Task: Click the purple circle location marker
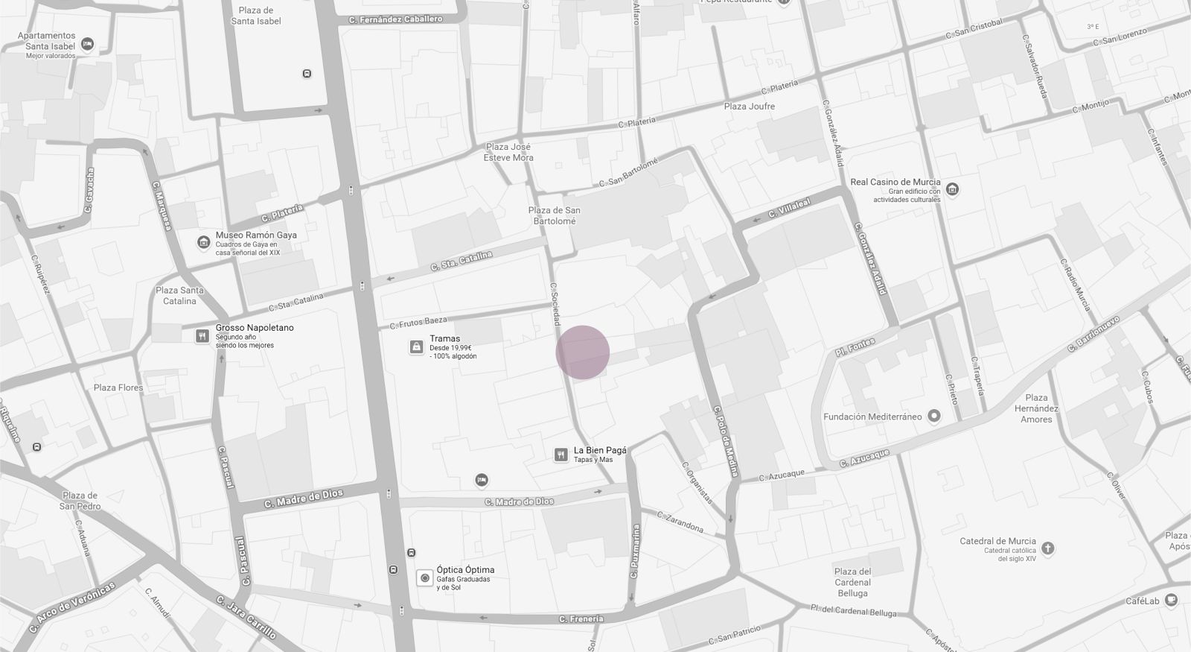tap(583, 352)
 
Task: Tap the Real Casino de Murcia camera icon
tap(952, 189)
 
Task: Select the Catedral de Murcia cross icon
tap(1048, 548)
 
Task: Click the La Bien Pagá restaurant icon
tap(561, 455)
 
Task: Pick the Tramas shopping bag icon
tap(416, 346)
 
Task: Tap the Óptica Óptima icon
tap(425, 577)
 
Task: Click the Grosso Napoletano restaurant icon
tap(202, 336)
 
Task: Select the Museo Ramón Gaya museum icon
tap(202, 242)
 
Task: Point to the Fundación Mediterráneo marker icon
tap(935, 417)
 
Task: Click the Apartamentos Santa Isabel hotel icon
tap(88, 45)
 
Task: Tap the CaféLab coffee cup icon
tap(1172, 600)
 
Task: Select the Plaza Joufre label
tap(749, 107)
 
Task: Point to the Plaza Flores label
tap(118, 387)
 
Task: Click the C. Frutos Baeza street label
tap(418, 322)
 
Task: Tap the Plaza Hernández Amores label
tap(1036, 408)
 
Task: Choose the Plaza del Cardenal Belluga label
tap(852, 582)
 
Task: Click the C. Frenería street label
tap(581, 618)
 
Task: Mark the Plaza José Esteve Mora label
tap(508, 152)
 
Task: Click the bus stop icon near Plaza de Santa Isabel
tap(307, 74)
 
